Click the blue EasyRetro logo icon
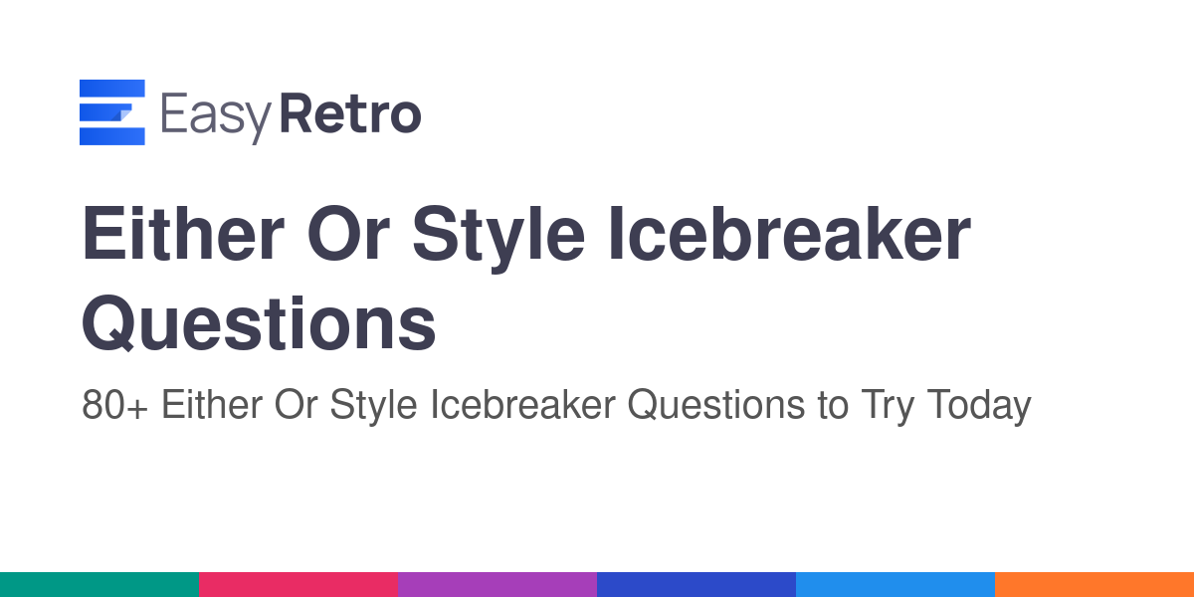(111, 111)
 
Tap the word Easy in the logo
(216, 117)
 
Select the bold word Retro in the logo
(350, 113)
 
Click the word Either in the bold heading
(183, 234)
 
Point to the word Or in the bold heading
(348, 234)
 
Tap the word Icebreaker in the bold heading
(789, 234)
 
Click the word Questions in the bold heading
(259, 323)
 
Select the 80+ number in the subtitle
(114, 405)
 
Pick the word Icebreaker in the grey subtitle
(523, 405)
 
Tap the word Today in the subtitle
(979, 407)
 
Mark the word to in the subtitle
(832, 406)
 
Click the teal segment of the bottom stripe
(99, 585)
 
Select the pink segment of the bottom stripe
(298, 585)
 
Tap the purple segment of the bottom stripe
(497, 585)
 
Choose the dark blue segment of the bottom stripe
(696, 585)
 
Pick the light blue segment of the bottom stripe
(895, 585)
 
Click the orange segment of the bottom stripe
(1094, 585)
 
